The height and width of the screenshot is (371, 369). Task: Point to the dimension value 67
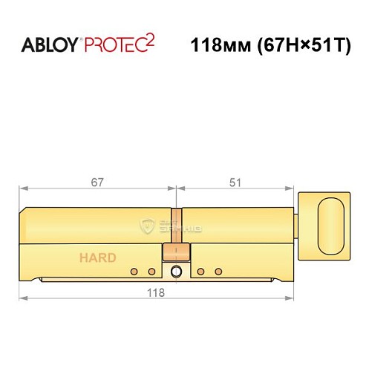point(96,182)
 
